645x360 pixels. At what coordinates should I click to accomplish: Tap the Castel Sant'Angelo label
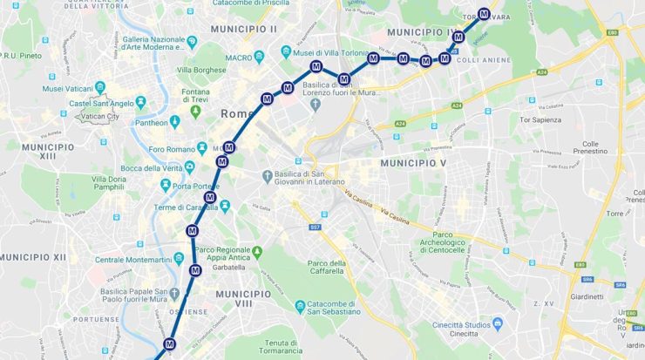click(x=102, y=103)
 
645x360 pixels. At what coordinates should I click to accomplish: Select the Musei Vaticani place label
click(x=66, y=88)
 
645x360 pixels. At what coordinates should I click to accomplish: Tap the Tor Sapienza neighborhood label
click(x=540, y=118)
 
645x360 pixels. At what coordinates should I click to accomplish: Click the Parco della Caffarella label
click(x=329, y=268)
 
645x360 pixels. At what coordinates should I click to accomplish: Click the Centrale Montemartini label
click(x=132, y=260)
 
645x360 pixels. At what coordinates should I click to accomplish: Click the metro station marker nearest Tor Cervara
click(x=484, y=13)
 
